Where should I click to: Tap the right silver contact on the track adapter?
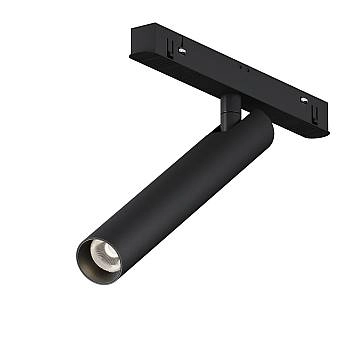[x=305, y=100]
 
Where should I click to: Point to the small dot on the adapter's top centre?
[x=242, y=70]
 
